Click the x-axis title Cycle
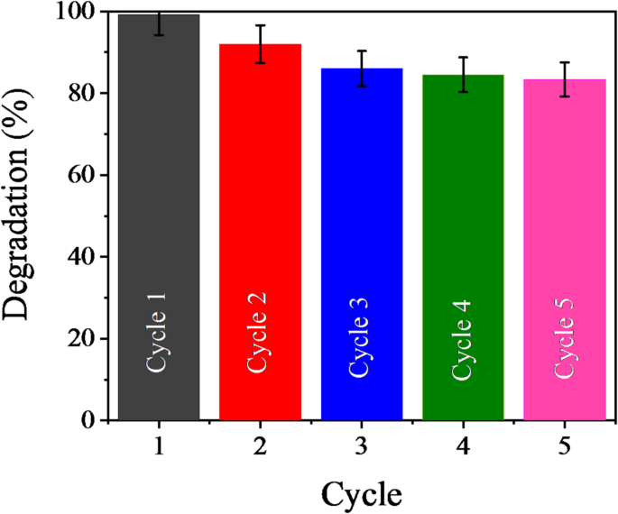pyautogui.click(x=361, y=493)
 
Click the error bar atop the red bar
pyautogui.click(x=260, y=44)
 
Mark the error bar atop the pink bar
pyautogui.click(x=564, y=79)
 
